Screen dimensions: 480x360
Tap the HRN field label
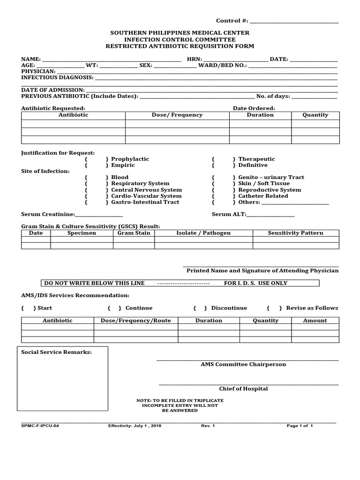(194, 59)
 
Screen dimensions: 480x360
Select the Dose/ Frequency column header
(177, 115)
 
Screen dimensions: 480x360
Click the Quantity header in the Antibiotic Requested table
(315, 115)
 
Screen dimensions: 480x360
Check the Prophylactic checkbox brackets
(97, 159)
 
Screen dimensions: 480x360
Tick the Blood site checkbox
(97, 178)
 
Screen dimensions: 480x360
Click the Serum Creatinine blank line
(99, 215)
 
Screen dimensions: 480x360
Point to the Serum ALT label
(229, 214)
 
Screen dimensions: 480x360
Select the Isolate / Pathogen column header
(203, 233)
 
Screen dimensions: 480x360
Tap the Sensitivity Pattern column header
(295, 233)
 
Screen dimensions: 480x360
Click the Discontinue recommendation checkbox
(200, 308)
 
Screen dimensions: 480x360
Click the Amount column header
(315, 321)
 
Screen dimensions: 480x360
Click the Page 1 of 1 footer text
(300, 426)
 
